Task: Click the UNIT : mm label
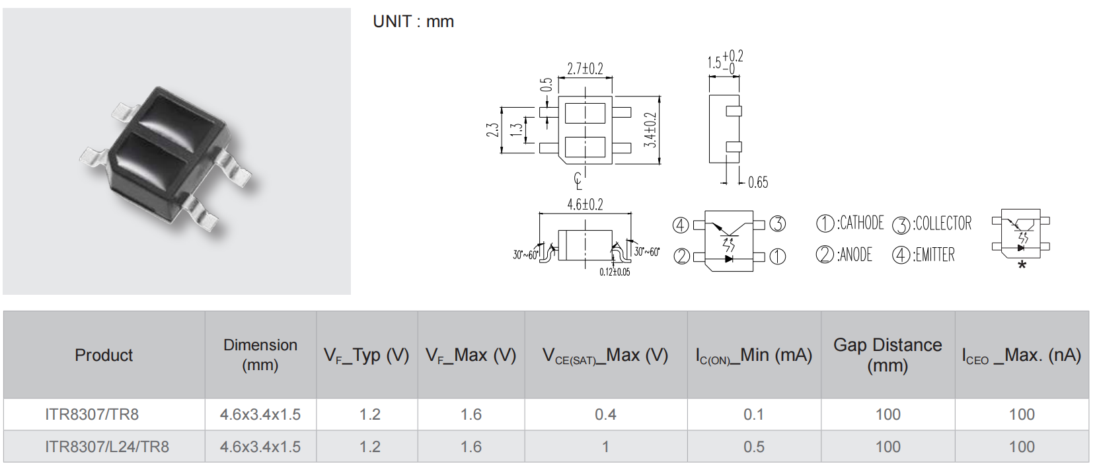point(413,22)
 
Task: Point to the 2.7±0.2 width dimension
point(585,69)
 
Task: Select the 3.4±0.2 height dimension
point(650,130)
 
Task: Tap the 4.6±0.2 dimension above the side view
point(585,204)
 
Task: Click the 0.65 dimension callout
point(758,182)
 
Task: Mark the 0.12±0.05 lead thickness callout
point(615,272)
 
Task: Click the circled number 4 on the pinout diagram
point(681,225)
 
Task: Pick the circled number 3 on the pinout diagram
point(778,224)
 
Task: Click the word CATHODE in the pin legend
point(861,223)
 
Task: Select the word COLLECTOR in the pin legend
point(944,223)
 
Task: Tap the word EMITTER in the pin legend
point(934,254)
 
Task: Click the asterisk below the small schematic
point(1022,266)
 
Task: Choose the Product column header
point(104,355)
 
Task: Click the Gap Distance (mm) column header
point(887,355)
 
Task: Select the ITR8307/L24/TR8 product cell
point(107,446)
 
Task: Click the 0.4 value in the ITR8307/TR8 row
point(606,414)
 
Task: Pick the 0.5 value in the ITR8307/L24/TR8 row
point(754,446)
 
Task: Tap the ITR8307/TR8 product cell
point(92,414)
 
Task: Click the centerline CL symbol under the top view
point(578,181)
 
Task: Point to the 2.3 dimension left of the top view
point(492,130)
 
